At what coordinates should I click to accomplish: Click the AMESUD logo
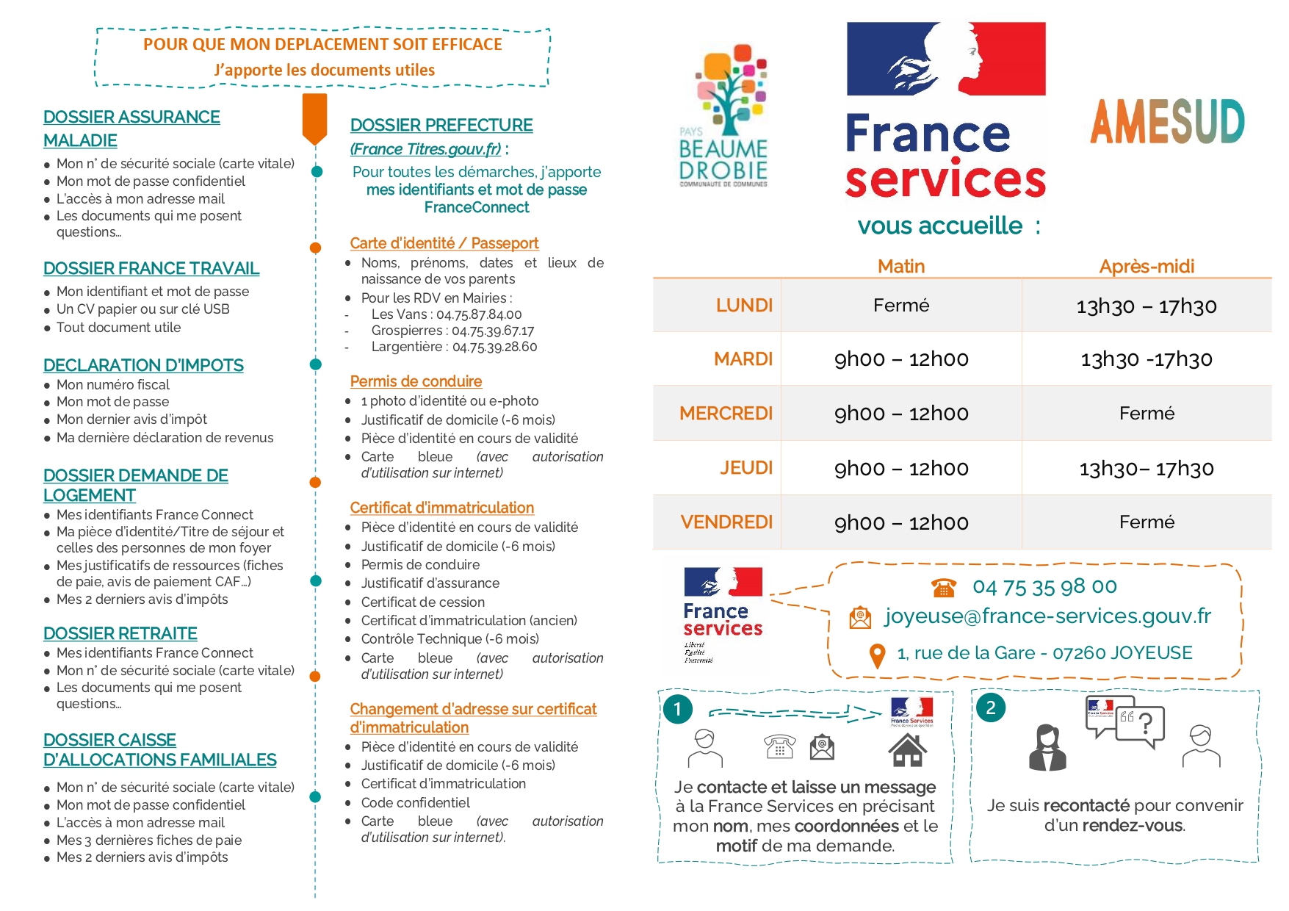(x=1167, y=122)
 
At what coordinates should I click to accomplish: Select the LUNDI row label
(x=744, y=305)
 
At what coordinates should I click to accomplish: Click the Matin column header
(x=901, y=266)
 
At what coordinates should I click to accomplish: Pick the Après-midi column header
(x=1146, y=266)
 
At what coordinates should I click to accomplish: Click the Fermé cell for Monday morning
(x=901, y=305)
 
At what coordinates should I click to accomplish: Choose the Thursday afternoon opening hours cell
(x=1146, y=468)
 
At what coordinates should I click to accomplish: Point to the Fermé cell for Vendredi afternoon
(x=1146, y=522)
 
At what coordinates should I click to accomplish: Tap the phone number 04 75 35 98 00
(x=1044, y=586)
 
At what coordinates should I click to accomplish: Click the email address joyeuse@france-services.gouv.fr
(x=1047, y=616)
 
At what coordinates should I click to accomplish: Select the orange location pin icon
(x=877, y=655)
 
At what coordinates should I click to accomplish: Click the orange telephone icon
(x=944, y=588)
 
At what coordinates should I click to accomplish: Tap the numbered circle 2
(x=991, y=707)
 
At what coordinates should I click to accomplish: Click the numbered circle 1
(x=677, y=709)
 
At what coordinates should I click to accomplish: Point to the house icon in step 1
(x=907, y=750)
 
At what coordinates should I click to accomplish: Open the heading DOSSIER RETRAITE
(x=120, y=633)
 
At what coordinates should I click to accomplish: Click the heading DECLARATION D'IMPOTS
(x=143, y=365)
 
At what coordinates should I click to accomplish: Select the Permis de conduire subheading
(x=416, y=381)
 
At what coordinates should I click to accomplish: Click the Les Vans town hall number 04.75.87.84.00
(x=479, y=314)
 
